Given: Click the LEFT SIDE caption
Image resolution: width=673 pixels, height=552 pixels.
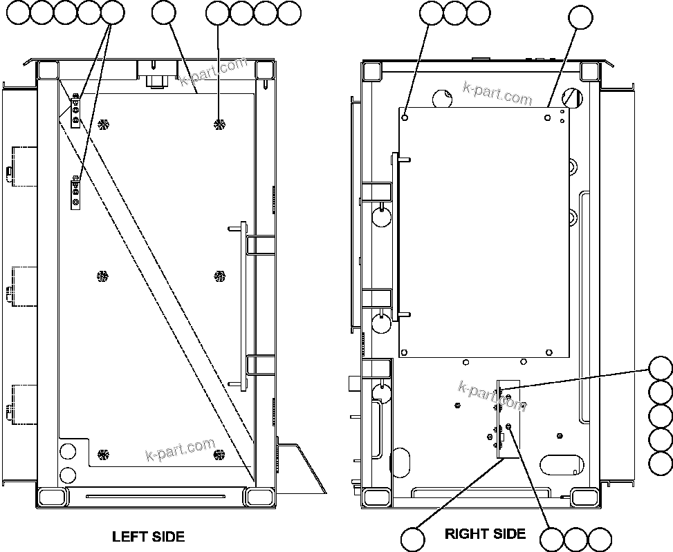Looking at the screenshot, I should [148, 536].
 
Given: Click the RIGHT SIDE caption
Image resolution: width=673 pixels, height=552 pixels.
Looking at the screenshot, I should [485, 533].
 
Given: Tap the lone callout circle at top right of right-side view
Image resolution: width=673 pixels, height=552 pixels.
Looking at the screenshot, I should [580, 19].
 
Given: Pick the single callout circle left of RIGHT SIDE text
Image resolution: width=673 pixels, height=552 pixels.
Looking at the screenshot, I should [414, 540].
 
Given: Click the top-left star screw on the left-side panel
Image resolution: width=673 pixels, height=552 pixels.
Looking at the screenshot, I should [104, 124].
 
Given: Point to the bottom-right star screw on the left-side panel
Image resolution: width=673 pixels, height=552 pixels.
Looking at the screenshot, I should [219, 454].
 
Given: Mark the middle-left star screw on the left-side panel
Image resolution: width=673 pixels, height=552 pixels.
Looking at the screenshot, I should [102, 276].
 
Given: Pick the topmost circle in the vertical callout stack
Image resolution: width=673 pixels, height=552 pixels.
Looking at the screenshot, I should [661, 368].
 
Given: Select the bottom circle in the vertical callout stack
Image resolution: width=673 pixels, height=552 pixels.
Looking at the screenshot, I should [661, 462].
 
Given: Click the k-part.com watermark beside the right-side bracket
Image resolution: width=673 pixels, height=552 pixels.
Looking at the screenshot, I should [492, 394].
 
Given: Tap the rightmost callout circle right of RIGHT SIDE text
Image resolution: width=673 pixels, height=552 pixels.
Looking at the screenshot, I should [600, 540].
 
